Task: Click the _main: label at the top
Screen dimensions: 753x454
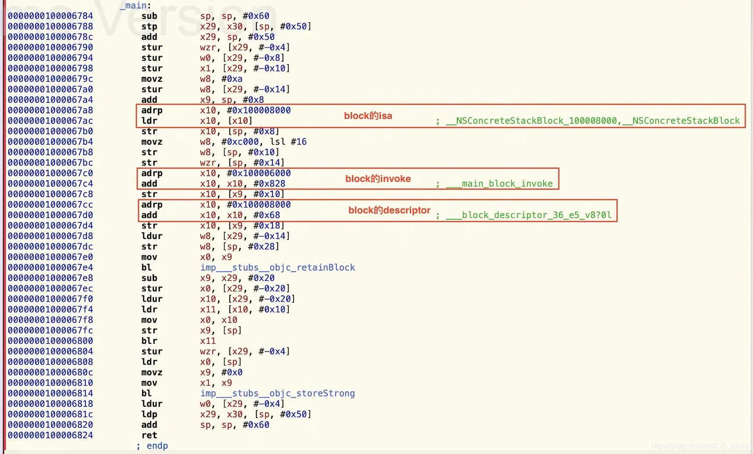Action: point(135,5)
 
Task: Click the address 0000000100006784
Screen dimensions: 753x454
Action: point(50,16)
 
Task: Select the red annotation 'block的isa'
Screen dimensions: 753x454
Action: point(368,116)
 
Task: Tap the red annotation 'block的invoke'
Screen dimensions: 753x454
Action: point(378,179)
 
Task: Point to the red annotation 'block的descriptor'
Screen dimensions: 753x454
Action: point(390,210)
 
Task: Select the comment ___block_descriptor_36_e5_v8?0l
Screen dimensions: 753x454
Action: point(528,215)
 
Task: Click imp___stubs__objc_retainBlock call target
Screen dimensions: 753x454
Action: point(278,268)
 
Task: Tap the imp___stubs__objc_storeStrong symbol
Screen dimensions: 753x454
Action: point(278,394)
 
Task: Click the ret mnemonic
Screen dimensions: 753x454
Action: point(149,435)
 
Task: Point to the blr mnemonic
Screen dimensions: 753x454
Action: point(149,341)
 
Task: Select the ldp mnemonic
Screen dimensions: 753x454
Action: point(149,414)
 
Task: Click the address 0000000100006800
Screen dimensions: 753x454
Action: point(50,341)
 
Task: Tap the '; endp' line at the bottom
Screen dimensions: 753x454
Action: point(152,446)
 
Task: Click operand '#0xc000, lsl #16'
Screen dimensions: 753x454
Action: point(264,142)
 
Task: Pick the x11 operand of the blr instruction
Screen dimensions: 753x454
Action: point(208,341)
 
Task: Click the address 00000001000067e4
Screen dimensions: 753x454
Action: point(50,268)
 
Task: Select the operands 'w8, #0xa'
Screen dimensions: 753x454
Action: point(221,79)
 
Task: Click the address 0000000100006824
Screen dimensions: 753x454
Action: point(50,435)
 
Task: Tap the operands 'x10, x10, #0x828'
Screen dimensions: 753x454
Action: point(243,184)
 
